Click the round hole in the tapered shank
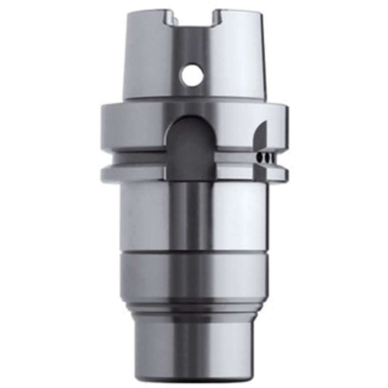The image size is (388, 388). click(190, 75)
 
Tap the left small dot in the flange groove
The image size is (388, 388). click(261, 158)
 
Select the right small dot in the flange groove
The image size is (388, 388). click(268, 158)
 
